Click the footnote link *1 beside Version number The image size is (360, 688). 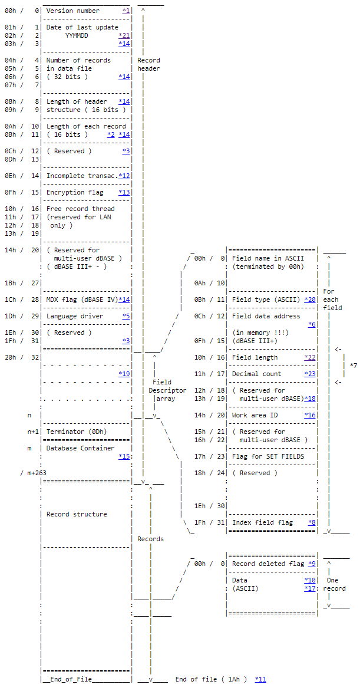click(126, 11)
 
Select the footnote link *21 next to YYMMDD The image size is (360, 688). click(124, 35)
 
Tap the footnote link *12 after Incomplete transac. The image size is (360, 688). click(124, 176)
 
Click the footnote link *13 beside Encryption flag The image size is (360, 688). click(124, 192)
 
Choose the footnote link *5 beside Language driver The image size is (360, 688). click(126, 316)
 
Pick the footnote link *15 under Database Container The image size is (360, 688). click(124, 456)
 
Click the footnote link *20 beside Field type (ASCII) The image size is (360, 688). click(310, 299)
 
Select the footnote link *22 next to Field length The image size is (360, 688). click(310, 357)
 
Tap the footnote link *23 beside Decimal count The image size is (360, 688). click(310, 374)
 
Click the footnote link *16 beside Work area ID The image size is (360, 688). click(310, 415)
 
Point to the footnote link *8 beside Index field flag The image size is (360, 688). click(312, 522)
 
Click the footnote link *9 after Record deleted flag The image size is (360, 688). click(312, 564)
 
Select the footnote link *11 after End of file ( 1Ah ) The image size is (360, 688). click(260, 679)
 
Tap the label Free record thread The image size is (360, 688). click(80, 209)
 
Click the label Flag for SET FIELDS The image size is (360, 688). click(267, 456)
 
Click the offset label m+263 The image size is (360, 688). click(30, 473)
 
